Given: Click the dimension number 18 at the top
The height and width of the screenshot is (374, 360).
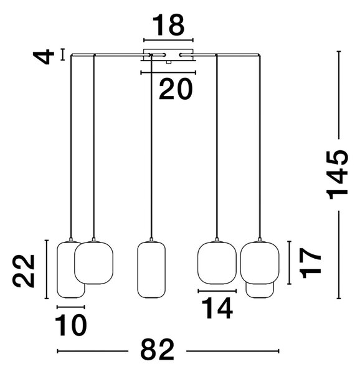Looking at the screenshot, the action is [x=168, y=25].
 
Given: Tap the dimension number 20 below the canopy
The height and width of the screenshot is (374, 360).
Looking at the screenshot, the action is [x=176, y=89].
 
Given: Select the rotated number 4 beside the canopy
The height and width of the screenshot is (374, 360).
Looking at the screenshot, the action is [x=44, y=57].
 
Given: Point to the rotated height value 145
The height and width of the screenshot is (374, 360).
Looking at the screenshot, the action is [x=338, y=175].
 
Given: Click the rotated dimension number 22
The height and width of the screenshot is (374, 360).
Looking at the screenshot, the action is [x=24, y=271].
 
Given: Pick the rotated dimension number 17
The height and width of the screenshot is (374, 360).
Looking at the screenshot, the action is [x=310, y=263].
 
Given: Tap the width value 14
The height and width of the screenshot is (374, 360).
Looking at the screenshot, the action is [x=217, y=308].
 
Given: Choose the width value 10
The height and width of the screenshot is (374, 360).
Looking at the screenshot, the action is [x=71, y=325].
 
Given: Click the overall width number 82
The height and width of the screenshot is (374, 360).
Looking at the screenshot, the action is [x=157, y=350].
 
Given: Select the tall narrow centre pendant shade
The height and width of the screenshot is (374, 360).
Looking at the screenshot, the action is [x=151, y=270].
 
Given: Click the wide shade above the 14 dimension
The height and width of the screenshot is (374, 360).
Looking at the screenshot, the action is [x=217, y=263].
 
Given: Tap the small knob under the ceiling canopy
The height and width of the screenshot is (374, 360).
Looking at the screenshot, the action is [x=169, y=62].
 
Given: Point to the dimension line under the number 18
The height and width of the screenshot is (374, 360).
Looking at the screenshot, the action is [x=168, y=40].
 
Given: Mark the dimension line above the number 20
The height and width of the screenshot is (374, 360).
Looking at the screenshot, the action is [x=168, y=72].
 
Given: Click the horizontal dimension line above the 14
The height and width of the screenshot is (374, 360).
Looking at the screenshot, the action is [x=217, y=291].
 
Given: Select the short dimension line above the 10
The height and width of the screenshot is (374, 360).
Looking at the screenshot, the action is [x=71, y=307].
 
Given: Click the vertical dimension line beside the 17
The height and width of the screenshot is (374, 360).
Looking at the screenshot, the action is [x=289, y=262].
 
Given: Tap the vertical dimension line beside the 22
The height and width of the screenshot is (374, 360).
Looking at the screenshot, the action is [x=47, y=269].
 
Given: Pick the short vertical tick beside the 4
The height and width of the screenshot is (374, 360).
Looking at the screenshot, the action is [x=63, y=54].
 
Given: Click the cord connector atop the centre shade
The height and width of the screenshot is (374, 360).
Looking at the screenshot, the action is [x=151, y=239].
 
